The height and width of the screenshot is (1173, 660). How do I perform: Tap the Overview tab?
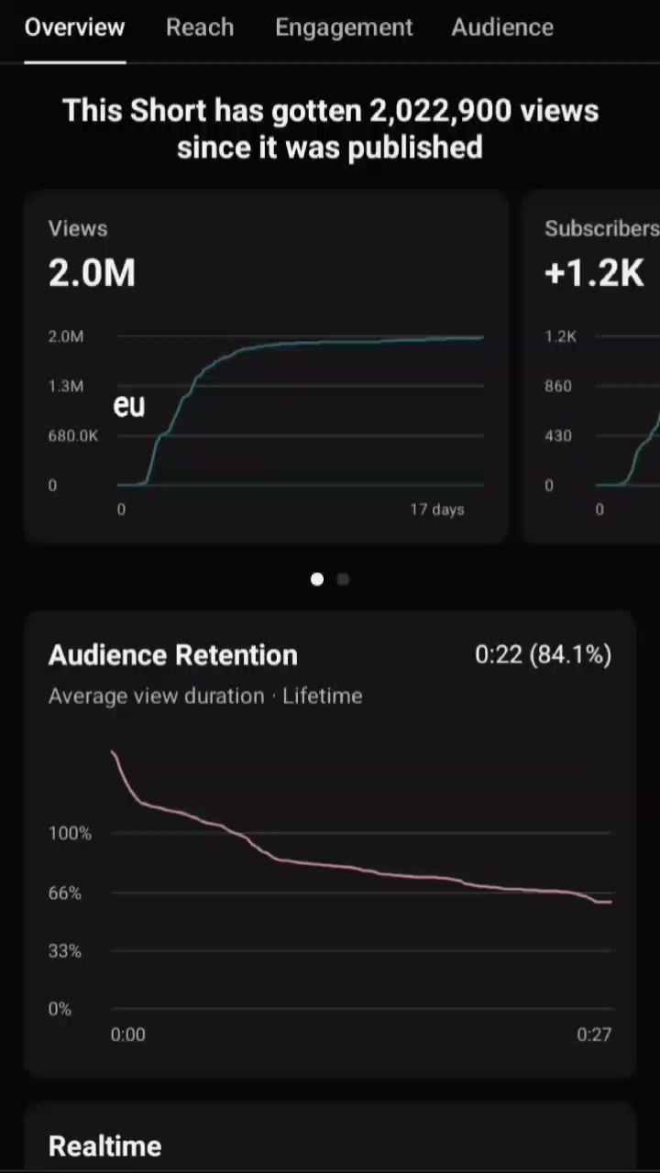(74, 27)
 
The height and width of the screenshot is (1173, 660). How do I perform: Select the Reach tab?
(200, 27)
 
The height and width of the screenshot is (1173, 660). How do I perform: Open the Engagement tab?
(344, 28)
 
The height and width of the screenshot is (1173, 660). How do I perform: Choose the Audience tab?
(502, 27)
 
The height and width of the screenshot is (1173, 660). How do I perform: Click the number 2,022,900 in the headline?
(440, 111)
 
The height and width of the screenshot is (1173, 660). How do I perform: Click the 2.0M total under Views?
(92, 272)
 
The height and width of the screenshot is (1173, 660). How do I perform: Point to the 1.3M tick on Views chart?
(66, 386)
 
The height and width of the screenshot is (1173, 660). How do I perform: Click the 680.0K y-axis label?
(72, 435)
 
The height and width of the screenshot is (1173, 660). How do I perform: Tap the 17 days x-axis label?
(437, 509)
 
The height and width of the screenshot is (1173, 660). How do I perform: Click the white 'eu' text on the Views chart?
(129, 405)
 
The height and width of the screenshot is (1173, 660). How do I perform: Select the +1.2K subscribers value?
(594, 272)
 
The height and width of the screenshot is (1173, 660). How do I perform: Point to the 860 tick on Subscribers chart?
(558, 386)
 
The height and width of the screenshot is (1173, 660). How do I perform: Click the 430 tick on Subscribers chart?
(558, 435)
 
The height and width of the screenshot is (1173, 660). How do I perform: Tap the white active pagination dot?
(317, 579)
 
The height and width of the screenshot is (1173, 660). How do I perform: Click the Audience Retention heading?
(173, 654)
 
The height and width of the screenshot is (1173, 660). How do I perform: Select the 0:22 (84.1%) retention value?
(544, 654)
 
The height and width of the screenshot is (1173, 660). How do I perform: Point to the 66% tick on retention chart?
(65, 893)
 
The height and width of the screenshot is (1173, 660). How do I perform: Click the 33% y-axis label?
(65, 951)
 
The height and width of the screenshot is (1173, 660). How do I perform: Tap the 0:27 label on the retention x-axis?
(594, 1035)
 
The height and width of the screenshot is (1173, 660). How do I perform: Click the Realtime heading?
(104, 1146)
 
